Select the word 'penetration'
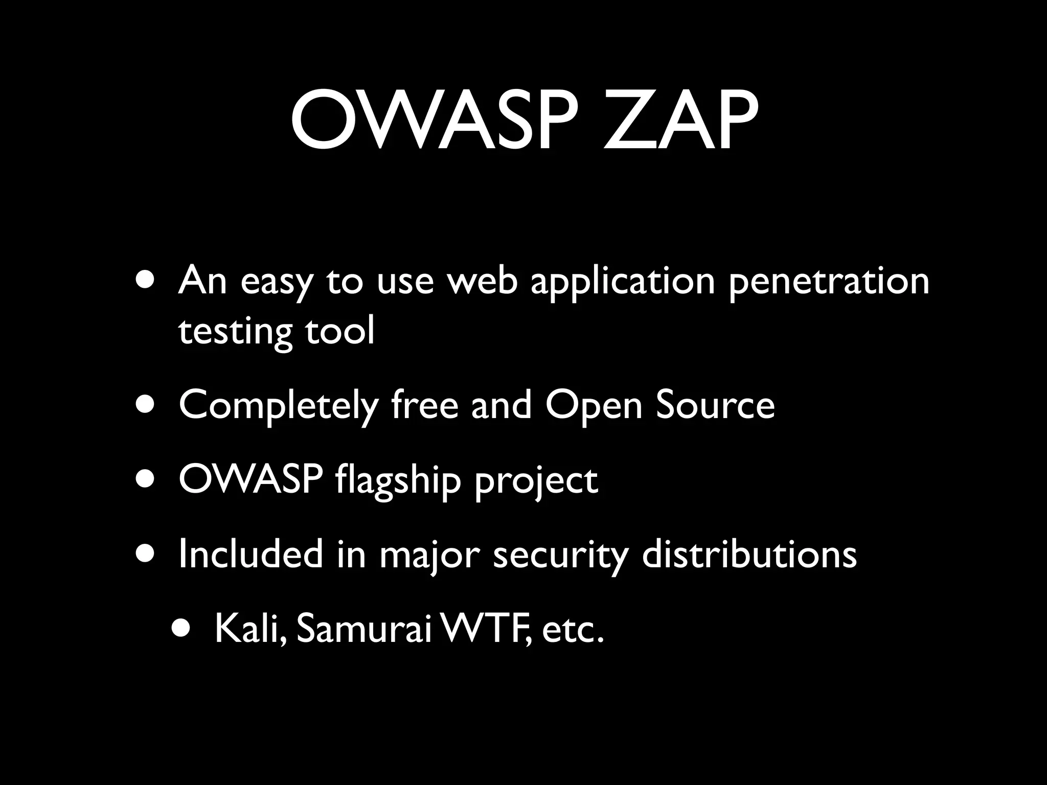[828, 282]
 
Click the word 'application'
[622, 282]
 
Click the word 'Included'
[251, 555]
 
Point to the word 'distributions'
[749, 555]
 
